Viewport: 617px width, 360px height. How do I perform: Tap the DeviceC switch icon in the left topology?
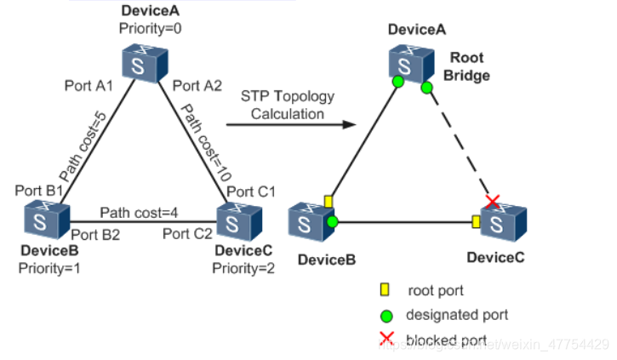[236, 220]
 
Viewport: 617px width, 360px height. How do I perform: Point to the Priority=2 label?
[243, 268]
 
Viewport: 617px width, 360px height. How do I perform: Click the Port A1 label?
[89, 86]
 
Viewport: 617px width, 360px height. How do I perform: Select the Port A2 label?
[198, 85]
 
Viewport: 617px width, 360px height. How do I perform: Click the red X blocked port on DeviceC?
[492, 201]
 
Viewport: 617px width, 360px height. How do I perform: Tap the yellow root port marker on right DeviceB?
[328, 202]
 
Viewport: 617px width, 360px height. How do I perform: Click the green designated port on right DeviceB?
[333, 221]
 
